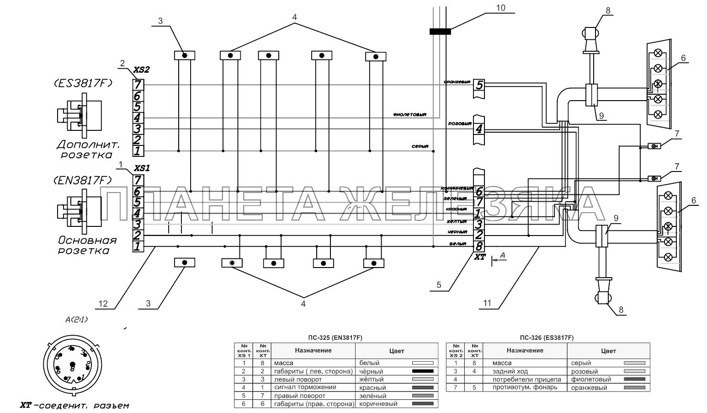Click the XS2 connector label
[x=141, y=70]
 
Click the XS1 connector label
[x=141, y=168]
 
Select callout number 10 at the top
[x=501, y=8]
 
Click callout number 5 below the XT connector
[x=439, y=285]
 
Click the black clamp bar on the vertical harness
[x=440, y=32]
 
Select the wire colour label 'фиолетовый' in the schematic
[x=409, y=114]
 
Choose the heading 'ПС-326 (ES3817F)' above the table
[x=547, y=338]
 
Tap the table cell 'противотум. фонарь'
[x=525, y=387]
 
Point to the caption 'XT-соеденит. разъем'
[x=74, y=405]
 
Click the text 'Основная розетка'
[x=87, y=245]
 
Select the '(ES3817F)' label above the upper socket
[x=83, y=83]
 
